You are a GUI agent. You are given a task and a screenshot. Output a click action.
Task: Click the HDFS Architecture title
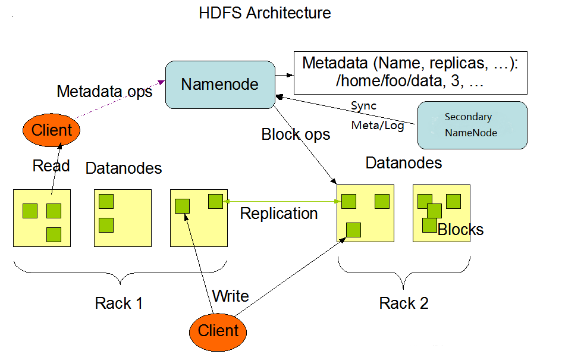[x=265, y=13]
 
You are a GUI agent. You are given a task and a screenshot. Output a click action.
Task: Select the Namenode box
[x=219, y=84]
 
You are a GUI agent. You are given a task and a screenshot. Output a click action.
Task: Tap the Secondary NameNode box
[x=472, y=125]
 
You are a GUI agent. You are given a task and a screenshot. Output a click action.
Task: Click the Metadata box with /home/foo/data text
[x=410, y=73]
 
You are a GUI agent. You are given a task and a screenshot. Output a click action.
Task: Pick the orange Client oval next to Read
[x=51, y=130]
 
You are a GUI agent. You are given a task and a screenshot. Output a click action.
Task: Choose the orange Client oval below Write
[x=218, y=331]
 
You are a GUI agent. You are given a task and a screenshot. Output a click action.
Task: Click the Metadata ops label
[x=105, y=92]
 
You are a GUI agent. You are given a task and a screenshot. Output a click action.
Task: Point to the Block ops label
[x=296, y=135]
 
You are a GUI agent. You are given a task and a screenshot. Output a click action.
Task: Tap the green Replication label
[x=279, y=213]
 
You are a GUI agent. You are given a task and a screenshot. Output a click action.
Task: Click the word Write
[x=230, y=296]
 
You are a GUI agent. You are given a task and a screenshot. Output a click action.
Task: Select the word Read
[x=51, y=165]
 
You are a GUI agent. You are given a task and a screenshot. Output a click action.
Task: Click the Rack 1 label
[x=119, y=303]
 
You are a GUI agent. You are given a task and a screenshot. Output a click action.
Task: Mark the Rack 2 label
[x=404, y=303]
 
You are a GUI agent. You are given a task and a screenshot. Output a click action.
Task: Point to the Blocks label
[x=460, y=230]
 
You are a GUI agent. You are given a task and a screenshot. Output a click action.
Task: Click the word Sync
[x=363, y=106]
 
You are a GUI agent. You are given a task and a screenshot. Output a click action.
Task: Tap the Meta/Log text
[x=378, y=126]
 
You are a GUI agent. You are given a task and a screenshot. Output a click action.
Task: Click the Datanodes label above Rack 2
[x=404, y=163]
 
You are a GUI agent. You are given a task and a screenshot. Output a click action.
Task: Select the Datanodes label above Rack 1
[x=124, y=168]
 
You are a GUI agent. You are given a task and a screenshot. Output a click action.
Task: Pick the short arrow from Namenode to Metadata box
[x=284, y=75]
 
